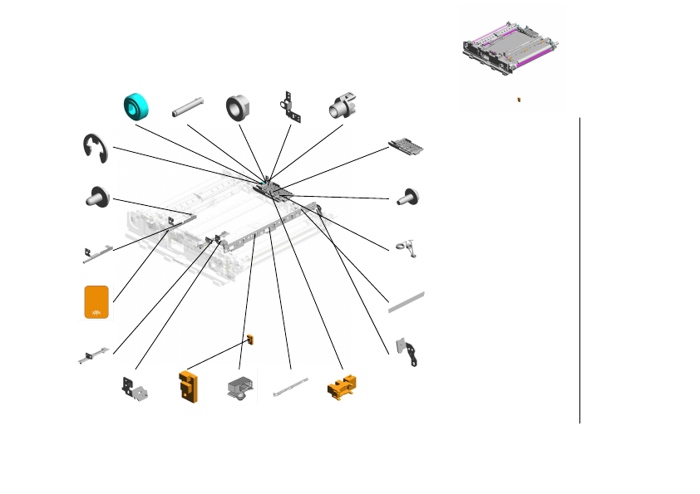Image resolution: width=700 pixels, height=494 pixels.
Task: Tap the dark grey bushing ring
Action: click(239, 107)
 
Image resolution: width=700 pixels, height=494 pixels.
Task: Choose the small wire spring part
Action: click(407, 247)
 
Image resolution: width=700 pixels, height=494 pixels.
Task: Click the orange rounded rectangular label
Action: click(96, 301)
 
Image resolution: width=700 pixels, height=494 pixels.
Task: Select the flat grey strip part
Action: click(407, 301)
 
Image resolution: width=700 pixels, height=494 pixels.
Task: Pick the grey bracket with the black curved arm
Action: click(409, 352)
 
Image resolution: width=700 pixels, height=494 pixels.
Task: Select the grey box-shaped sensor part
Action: click(239, 388)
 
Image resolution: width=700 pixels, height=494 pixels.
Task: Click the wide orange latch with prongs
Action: click(343, 387)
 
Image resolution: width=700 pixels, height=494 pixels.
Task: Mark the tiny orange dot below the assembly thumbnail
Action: click(518, 99)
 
